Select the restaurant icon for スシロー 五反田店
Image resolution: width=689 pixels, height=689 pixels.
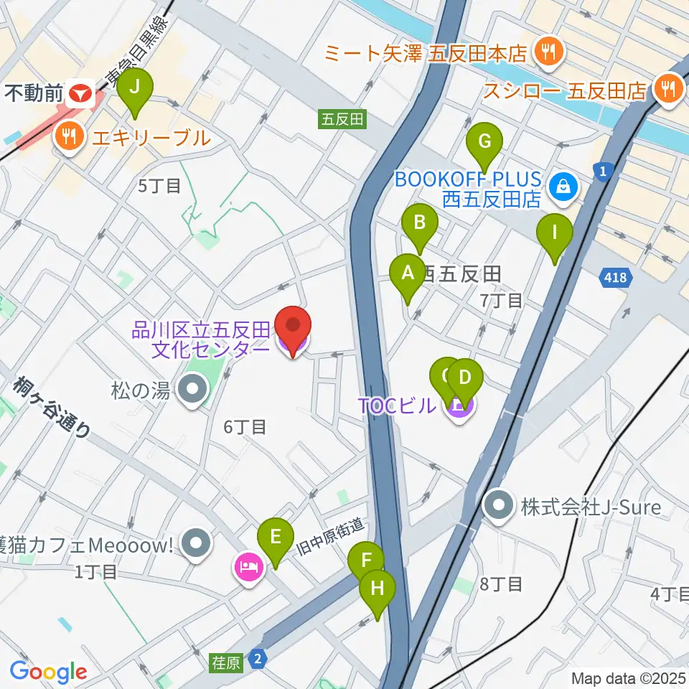click(669, 90)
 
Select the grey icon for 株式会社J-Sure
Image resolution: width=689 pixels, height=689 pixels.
click(500, 508)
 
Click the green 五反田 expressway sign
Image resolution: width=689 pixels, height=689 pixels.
click(342, 119)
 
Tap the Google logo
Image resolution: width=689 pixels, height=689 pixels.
click(49, 671)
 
